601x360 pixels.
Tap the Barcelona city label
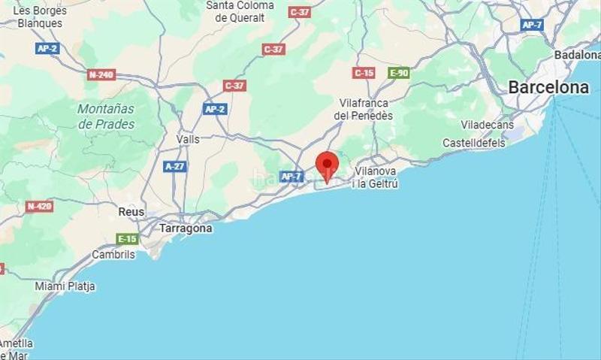coord(548,87)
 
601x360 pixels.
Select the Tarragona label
coord(185,228)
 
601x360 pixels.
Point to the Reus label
coord(131,213)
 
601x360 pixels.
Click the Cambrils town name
coord(113,255)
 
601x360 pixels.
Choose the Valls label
coord(188,139)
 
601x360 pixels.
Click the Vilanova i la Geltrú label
coord(376,177)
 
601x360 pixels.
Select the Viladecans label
coord(487,125)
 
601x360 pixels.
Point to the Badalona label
coord(576,55)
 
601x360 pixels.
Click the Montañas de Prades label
coord(106,116)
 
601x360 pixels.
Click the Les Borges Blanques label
coord(40,17)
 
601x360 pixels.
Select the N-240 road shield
coord(101,74)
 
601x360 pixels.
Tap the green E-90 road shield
coord(398,73)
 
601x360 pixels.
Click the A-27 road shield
coord(175,166)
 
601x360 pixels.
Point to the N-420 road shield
coord(39,206)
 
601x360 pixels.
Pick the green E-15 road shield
coord(128,239)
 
